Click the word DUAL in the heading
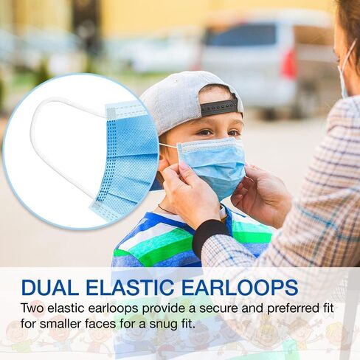tap(49, 287)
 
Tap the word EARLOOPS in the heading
tap(240, 287)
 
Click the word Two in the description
tap(32, 308)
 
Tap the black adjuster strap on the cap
tap(219, 107)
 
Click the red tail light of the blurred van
tap(289, 64)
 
